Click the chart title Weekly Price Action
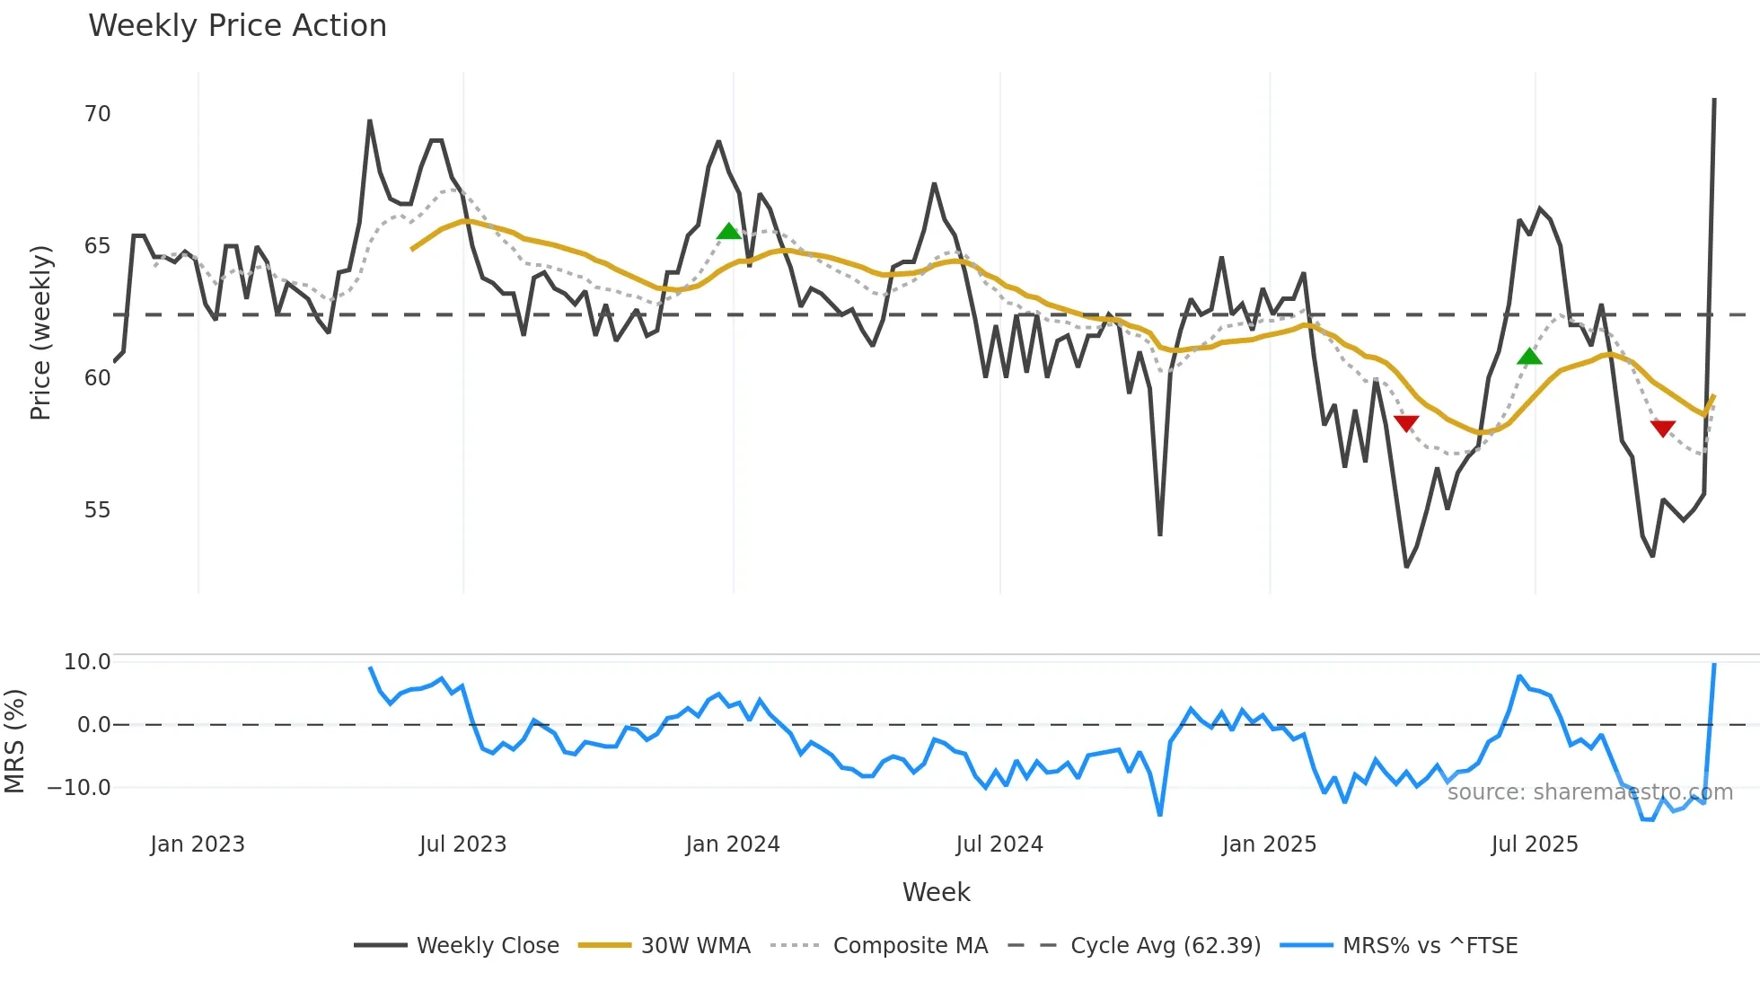237,26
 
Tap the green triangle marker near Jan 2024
729,232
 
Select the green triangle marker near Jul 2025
1529,358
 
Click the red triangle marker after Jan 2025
1406,423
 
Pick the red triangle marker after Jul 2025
1663,429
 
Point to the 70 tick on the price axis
97,114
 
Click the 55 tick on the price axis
97,510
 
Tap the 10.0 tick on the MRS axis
87,662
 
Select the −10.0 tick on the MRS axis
79,788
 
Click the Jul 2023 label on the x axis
462,844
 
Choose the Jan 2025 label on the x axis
1269,844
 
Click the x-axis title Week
936,892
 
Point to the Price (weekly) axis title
40,332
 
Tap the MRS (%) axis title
14,741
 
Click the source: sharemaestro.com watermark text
1589,792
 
